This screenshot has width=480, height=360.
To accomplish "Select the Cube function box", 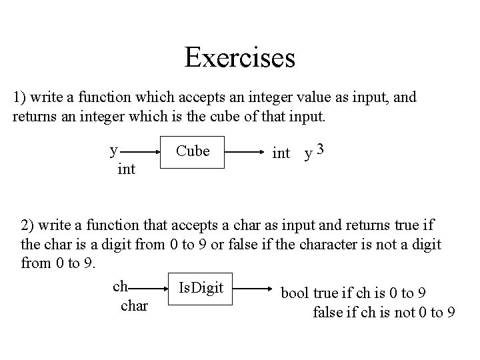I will [192, 152].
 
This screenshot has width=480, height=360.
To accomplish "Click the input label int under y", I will [126, 169].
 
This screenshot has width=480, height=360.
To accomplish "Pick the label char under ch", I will [135, 307].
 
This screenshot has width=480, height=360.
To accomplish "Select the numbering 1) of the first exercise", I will [20, 97].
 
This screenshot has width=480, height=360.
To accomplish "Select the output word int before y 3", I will [281, 153].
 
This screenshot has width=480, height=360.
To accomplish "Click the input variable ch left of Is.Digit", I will [121, 286].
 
